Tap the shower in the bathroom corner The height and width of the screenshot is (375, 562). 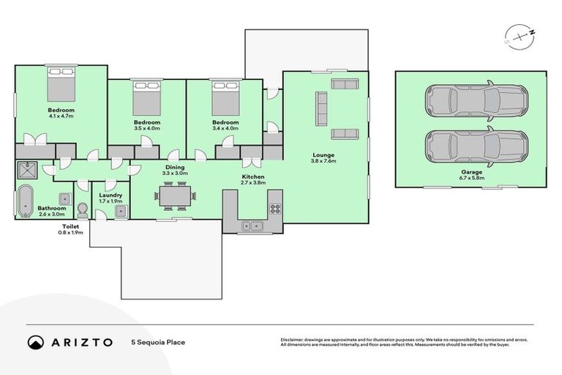tap(29, 171)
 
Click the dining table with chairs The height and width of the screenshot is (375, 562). tap(176, 196)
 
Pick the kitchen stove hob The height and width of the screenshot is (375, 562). tap(275, 208)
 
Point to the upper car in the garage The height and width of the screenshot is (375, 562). tap(476, 100)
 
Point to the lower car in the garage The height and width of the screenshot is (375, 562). tap(476, 147)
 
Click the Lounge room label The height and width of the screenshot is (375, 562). tap(323, 155)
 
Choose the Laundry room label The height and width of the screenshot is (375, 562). tap(110, 195)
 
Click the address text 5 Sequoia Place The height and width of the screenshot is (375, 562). tap(157, 342)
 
